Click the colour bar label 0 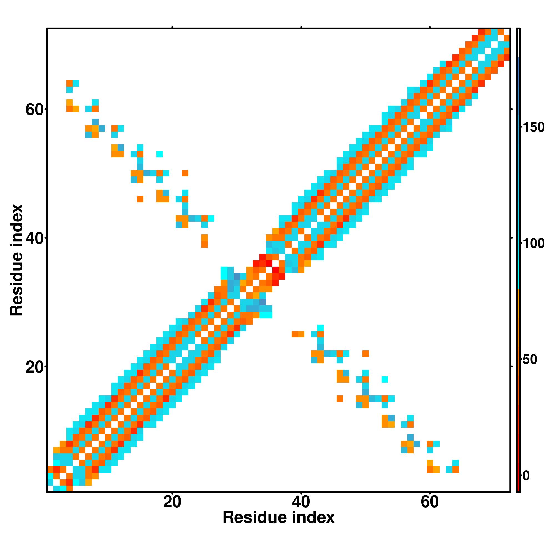pos(526,476)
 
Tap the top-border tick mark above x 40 pos(301,27)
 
